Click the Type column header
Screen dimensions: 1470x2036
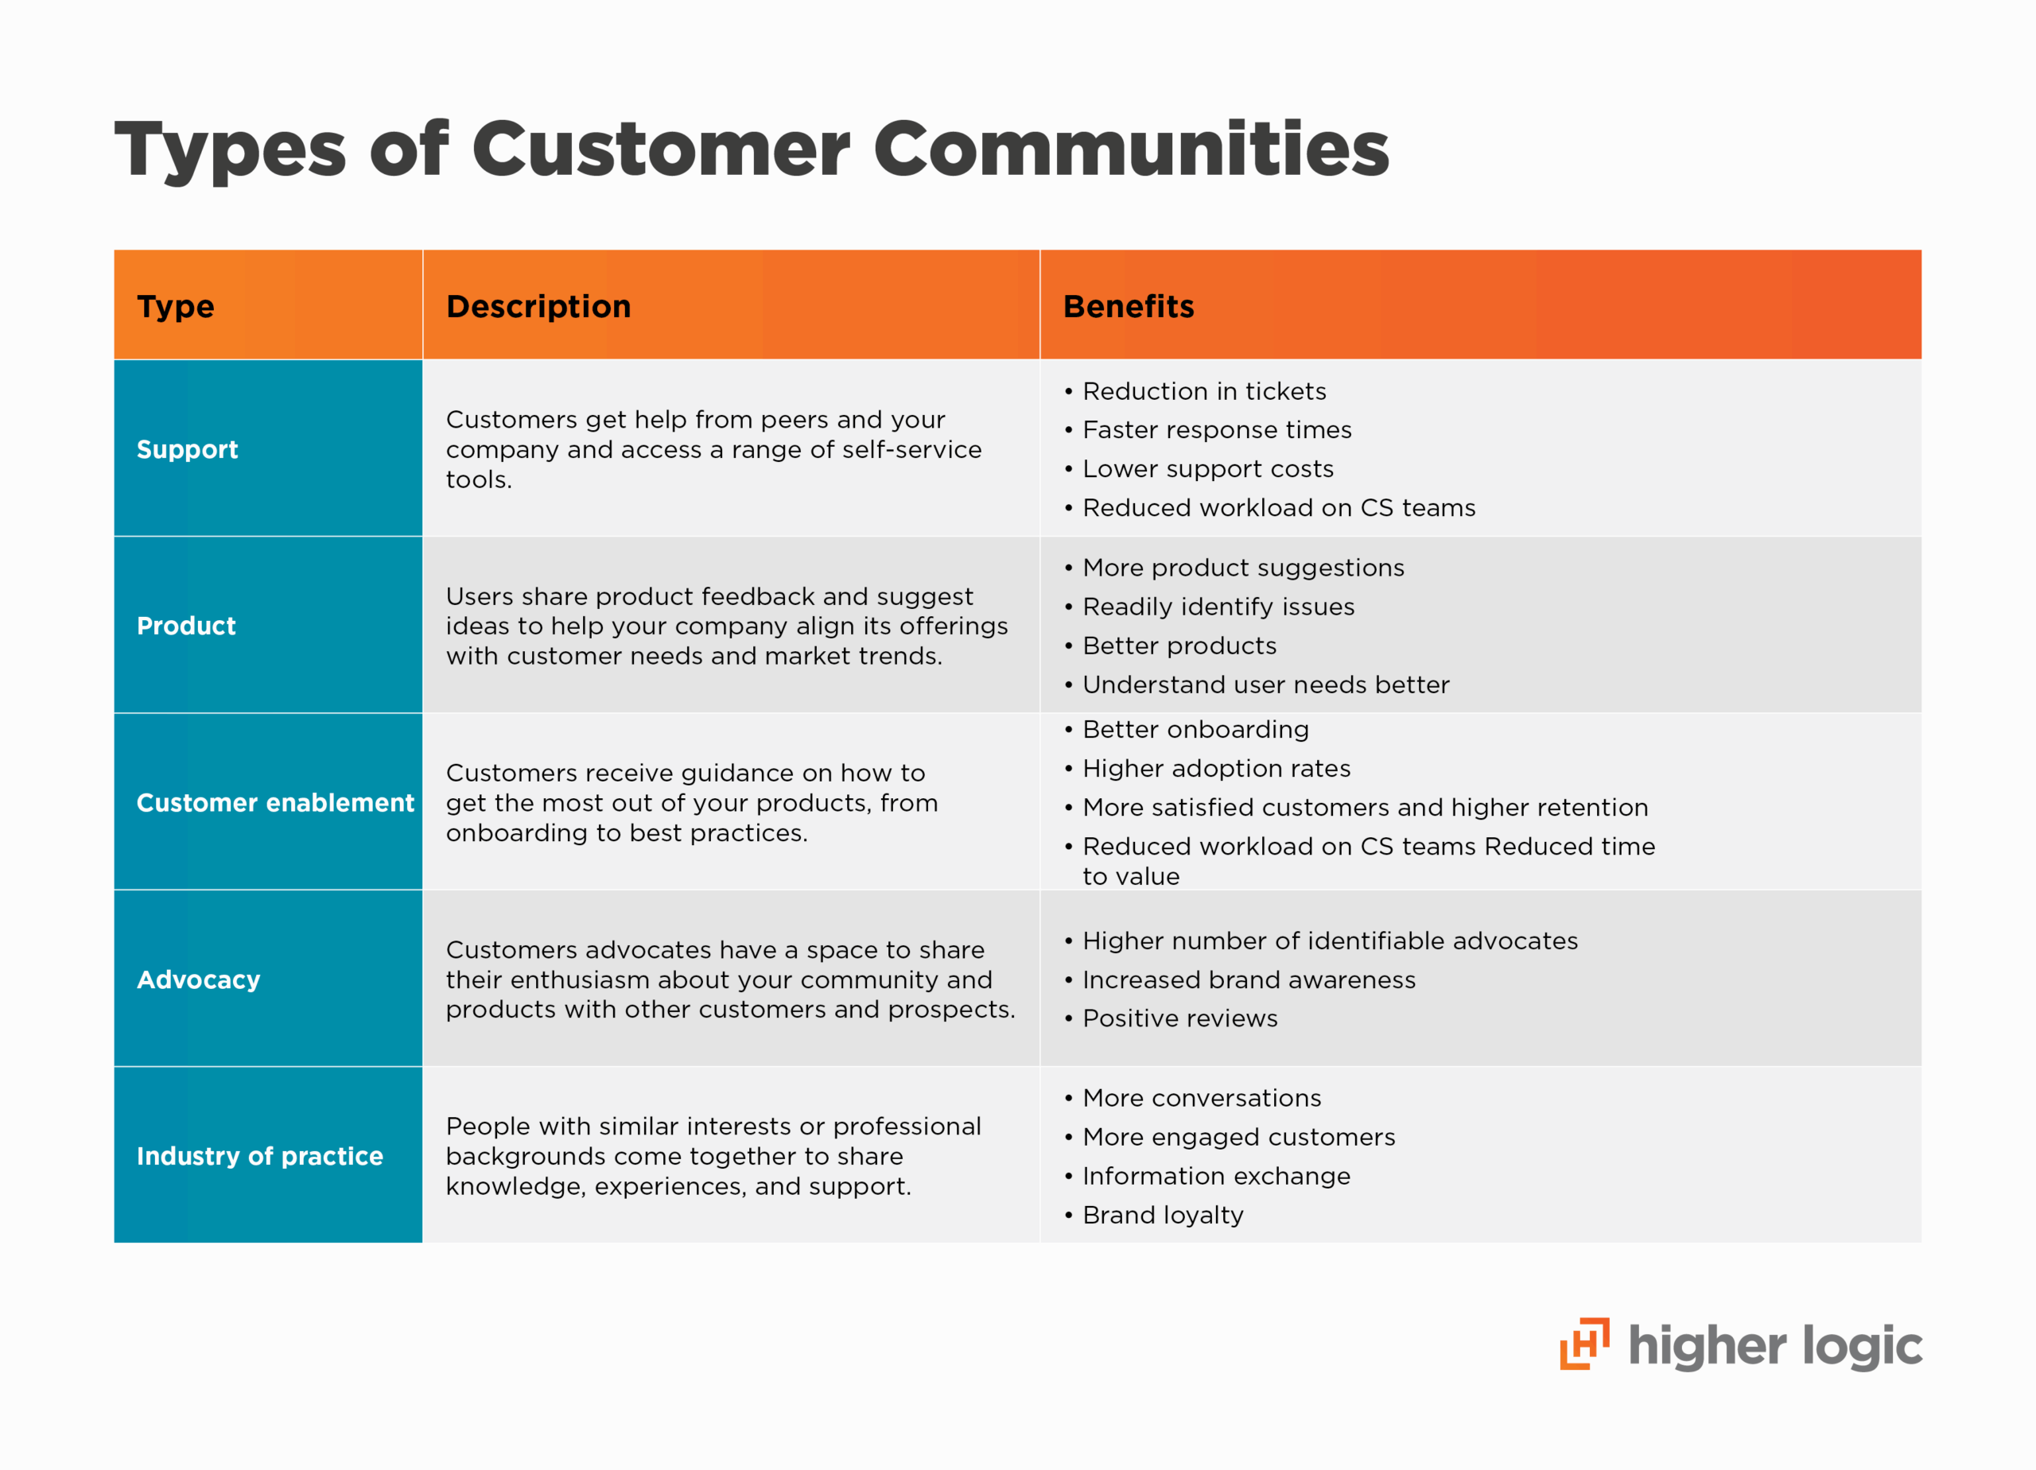(x=175, y=307)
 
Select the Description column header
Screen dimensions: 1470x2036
(x=538, y=307)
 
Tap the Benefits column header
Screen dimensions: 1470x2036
(x=1128, y=307)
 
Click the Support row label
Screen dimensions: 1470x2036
(x=187, y=450)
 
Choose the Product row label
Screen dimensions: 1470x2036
(x=186, y=626)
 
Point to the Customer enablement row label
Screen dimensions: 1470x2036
(x=274, y=802)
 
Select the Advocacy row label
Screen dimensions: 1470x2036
(x=198, y=979)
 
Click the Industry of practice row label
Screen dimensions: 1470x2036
(x=259, y=1156)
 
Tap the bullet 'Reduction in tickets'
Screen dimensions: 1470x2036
(x=1203, y=391)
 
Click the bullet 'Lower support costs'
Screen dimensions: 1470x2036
(x=1207, y=468)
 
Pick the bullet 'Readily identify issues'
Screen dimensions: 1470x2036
(x=1218, y=607)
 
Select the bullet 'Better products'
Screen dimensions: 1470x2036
(x=1179, y=646)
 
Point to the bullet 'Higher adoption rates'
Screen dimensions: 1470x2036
(x=1215, y=768)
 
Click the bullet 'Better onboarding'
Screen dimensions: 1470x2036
(x=1195, y=730)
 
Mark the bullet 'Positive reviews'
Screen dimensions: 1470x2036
(x=1179, y=1018)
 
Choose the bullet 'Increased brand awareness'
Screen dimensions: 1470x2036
(x=1248, y=979)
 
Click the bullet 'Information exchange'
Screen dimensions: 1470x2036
(x=1215, y=1176)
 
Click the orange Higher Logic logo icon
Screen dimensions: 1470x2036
(x=1583, y=1344)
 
